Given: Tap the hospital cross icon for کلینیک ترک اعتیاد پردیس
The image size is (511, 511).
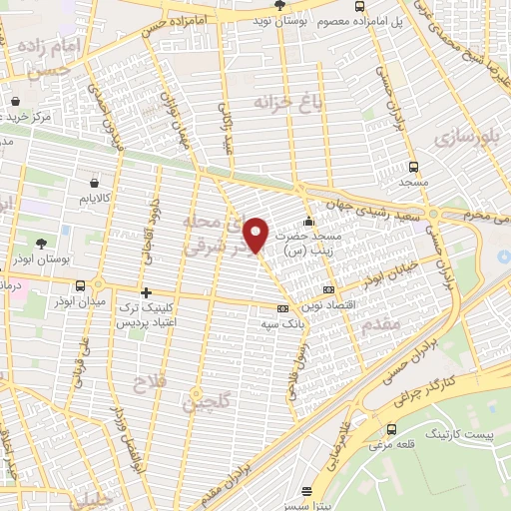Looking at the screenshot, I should coord(147,293).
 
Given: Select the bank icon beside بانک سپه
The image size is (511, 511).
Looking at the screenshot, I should coord(282,308).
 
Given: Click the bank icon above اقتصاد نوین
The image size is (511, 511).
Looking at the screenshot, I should coord(328,290).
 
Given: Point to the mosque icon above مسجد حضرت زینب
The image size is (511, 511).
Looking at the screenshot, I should coord(308,222).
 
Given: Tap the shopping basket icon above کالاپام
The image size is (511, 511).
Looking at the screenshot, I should coord(95,184).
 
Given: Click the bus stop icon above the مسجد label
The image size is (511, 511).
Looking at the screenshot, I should coord(414,168).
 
